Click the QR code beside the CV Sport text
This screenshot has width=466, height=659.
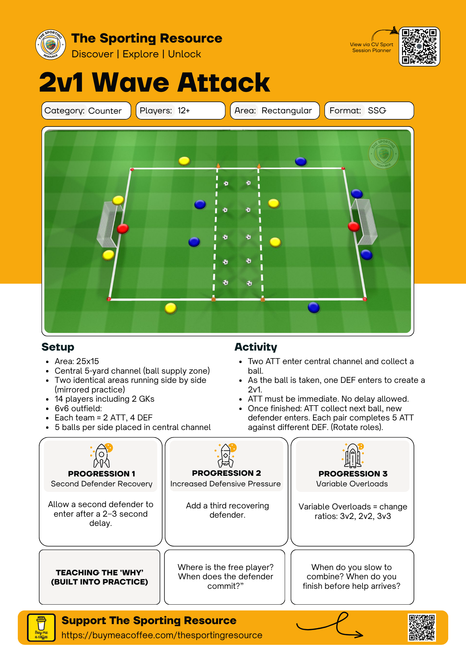click(x=419, y=46)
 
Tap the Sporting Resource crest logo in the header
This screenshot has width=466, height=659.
click(x=50, y=45)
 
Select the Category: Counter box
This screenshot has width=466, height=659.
click(x=86, y=111)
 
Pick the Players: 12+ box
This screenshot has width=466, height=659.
click(x=180, y=111)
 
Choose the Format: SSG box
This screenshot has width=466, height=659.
click(x=369, y=111)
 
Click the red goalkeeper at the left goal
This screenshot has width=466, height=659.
click(x=123, y=228)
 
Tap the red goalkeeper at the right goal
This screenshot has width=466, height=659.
click(x=354, y=226)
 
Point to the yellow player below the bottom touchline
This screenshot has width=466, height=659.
click(x=171, y=308)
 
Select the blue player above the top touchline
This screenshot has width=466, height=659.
click(x=301, y=161)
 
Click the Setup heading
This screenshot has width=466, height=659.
click(x=58, y=347)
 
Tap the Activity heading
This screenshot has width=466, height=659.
click(x=256, y=347)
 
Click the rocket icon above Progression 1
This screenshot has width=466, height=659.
click(x=102, y=455)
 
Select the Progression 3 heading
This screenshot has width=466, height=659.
click(x=353, y=473)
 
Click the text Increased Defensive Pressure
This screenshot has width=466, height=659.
click(x=225, y=484)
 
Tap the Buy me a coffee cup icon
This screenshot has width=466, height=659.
click(x=42, y=627)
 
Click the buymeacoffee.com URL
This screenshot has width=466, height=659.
click(x=162, y=635)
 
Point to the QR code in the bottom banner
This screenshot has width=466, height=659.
click(x=422, y=627)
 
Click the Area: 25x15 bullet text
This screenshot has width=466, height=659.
click(x=77, y=361)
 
